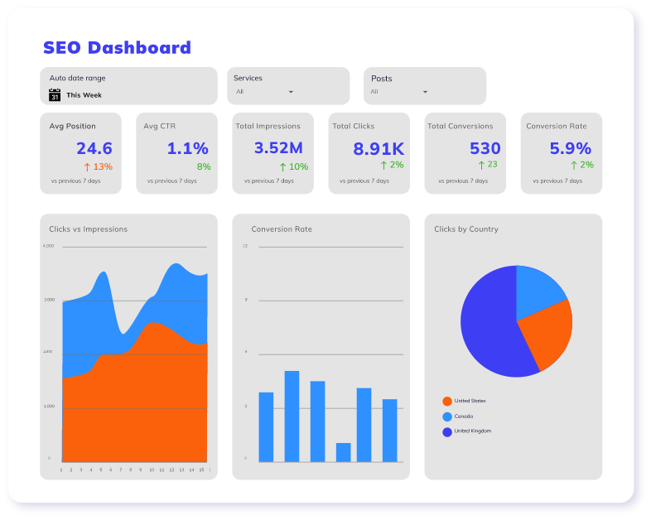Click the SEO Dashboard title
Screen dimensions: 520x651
[x=117, y=47]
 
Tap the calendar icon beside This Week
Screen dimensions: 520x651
[x=55, y=95]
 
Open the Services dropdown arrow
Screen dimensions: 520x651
[x=291, y=92]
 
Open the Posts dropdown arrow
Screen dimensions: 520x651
[x=425, y=92]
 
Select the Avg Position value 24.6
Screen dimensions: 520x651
[x=94, y=148]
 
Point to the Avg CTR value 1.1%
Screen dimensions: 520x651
[x=188, y=148]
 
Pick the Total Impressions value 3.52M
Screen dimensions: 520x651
[x=278, y=148]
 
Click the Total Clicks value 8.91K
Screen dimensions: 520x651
[x=379, y=149]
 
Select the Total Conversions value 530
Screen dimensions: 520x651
[x=485, y=148]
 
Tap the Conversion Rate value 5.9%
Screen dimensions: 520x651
[x=571, y=148]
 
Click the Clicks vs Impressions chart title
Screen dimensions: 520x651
[x=88, y=229]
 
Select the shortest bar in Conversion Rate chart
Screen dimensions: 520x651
[x=343, y=452]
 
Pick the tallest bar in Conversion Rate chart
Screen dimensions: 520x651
[x=292, y=416]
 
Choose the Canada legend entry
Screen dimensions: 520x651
[x=463, y=416]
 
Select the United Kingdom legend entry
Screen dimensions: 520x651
[x=473, y=431]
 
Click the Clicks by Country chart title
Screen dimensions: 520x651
[x=466, y=229]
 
